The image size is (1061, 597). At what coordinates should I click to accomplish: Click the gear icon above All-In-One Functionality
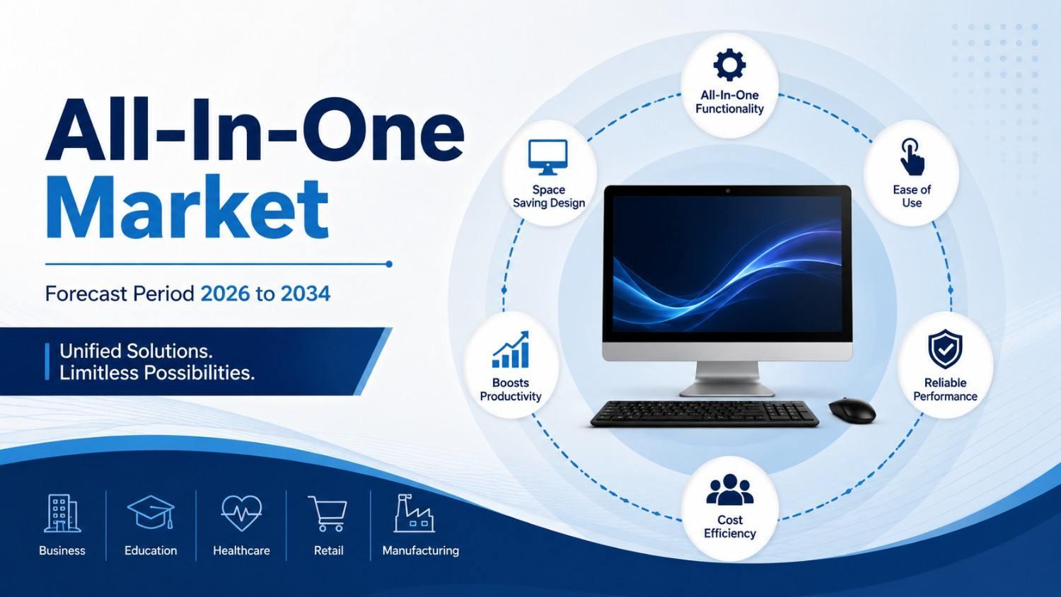click(x=729, y=64)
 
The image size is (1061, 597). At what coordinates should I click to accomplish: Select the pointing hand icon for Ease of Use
click(x=912, y=157)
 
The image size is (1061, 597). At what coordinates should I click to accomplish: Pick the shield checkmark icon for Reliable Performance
click(x=945, y=349)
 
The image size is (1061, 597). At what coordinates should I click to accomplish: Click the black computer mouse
click(x=852, y=410)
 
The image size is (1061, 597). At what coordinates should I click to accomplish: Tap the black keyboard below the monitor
click(x=705, y=414)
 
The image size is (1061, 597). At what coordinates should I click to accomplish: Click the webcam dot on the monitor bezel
click(x=728, y=191)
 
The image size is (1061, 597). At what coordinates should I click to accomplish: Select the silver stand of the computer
click(x=728, y=379)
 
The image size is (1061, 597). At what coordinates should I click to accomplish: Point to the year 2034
click(x=306, y=294)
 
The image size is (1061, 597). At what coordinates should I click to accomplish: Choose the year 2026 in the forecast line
click(x=225, y=294)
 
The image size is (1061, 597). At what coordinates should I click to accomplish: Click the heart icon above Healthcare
click(x=241, y=513)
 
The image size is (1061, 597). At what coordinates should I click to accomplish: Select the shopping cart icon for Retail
click(x=327, y=514)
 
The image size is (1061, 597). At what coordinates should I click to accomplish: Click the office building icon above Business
click(x=62, y=514)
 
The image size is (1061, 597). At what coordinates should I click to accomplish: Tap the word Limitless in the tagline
click(x=99, y=373)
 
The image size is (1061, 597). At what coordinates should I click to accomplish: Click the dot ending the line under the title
click(x=389, y=264)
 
